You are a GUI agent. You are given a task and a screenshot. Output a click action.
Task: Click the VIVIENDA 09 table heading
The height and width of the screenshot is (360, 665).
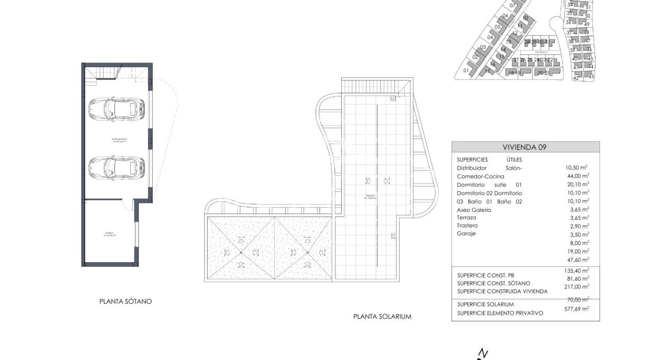point(525,147)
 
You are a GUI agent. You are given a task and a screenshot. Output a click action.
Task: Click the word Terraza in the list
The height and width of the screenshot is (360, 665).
point(467,218)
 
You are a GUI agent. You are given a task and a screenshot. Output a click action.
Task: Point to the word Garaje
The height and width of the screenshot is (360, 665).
point(466,234)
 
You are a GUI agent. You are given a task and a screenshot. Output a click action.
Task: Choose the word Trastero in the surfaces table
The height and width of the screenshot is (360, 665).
point(467,226)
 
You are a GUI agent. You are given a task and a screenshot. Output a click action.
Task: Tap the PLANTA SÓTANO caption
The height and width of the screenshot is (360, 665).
point(126,301)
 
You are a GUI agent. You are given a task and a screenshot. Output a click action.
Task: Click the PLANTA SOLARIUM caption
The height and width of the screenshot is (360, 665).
point(382,317)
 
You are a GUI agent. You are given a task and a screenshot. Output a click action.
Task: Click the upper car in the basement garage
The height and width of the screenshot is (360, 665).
point(116,108)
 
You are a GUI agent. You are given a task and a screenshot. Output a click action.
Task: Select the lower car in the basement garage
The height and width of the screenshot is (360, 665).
point(116,166)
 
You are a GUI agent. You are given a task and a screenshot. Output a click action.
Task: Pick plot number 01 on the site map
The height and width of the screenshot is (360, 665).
point(466,71)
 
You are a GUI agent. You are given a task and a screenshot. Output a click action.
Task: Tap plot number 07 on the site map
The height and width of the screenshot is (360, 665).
point(512,6)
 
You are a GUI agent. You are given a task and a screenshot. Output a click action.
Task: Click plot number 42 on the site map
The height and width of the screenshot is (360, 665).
point(576,78)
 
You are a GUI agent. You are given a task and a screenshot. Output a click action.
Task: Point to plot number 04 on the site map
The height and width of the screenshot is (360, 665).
point(490,37)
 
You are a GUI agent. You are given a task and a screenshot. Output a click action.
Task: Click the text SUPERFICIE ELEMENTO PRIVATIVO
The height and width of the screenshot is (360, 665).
point(500,313)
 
